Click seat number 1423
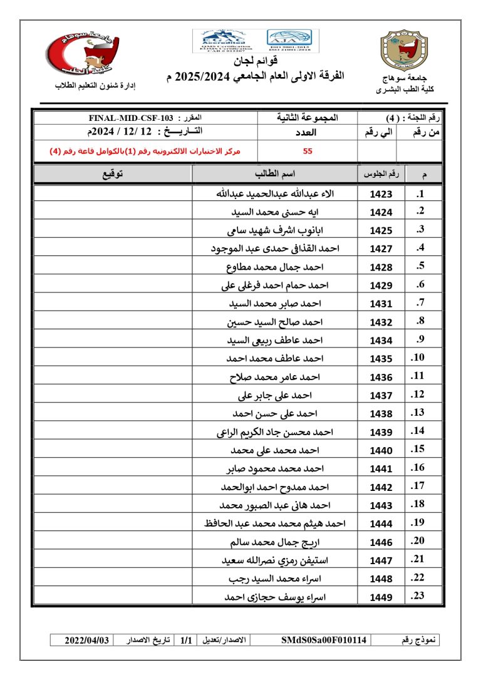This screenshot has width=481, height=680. (x=381, y=194)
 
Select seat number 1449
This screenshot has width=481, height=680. (x=381, y=597)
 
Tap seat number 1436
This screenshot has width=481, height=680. (x=381, y=378)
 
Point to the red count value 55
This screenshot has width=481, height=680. (x=308, y=151)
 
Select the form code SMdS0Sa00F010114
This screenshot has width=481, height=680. (x=324, y=640)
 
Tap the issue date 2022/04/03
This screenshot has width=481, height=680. (x=88, y=640)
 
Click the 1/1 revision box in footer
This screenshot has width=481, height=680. (x=186, y=640)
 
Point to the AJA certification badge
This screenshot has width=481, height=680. (x=292, y=39)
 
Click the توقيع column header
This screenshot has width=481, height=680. (x=112, y=173)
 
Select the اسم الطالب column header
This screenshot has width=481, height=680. (x=275, y=173)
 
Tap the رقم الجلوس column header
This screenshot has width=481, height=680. (x=381, y=173)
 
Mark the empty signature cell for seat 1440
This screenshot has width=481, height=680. (x=112, y=451)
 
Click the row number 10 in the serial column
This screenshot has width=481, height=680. (x=418, y=358)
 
